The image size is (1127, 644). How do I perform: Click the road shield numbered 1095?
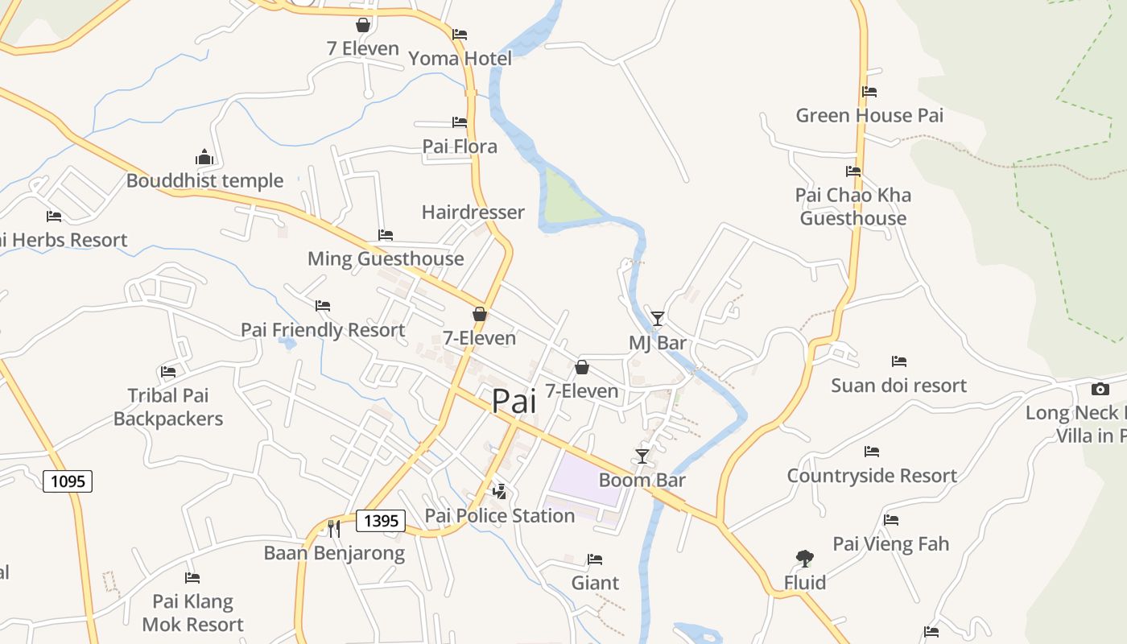point(68,481)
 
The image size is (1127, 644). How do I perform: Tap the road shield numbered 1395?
point(381,520)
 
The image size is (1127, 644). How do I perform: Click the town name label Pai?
point(514,401)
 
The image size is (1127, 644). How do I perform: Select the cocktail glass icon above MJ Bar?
point(658,319)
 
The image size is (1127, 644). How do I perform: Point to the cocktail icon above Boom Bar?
point(642,456)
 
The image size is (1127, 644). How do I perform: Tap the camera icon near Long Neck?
point(1100,389)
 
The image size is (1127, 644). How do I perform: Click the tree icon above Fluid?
point(804,558)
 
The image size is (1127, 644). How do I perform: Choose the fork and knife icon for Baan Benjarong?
point(334,528)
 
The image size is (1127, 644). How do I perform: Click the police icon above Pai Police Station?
point(500,491)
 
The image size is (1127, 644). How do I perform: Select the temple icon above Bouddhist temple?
point(204,156)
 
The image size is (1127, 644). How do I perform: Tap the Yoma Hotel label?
point(460,59)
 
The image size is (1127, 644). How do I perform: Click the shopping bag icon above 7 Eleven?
point(363,25)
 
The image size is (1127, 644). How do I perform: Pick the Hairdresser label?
point(473,213)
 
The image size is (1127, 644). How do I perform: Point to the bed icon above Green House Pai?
point(869,92)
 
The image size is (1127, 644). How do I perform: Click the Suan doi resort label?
point(898,386)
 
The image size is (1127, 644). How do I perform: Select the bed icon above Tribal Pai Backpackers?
point(168,371)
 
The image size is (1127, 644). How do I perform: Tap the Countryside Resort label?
point(872,476)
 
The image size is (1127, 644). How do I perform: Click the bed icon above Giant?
point(595,559)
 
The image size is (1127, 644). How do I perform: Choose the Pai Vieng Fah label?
point(890,544)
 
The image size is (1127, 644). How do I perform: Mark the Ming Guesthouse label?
point(386,259)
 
